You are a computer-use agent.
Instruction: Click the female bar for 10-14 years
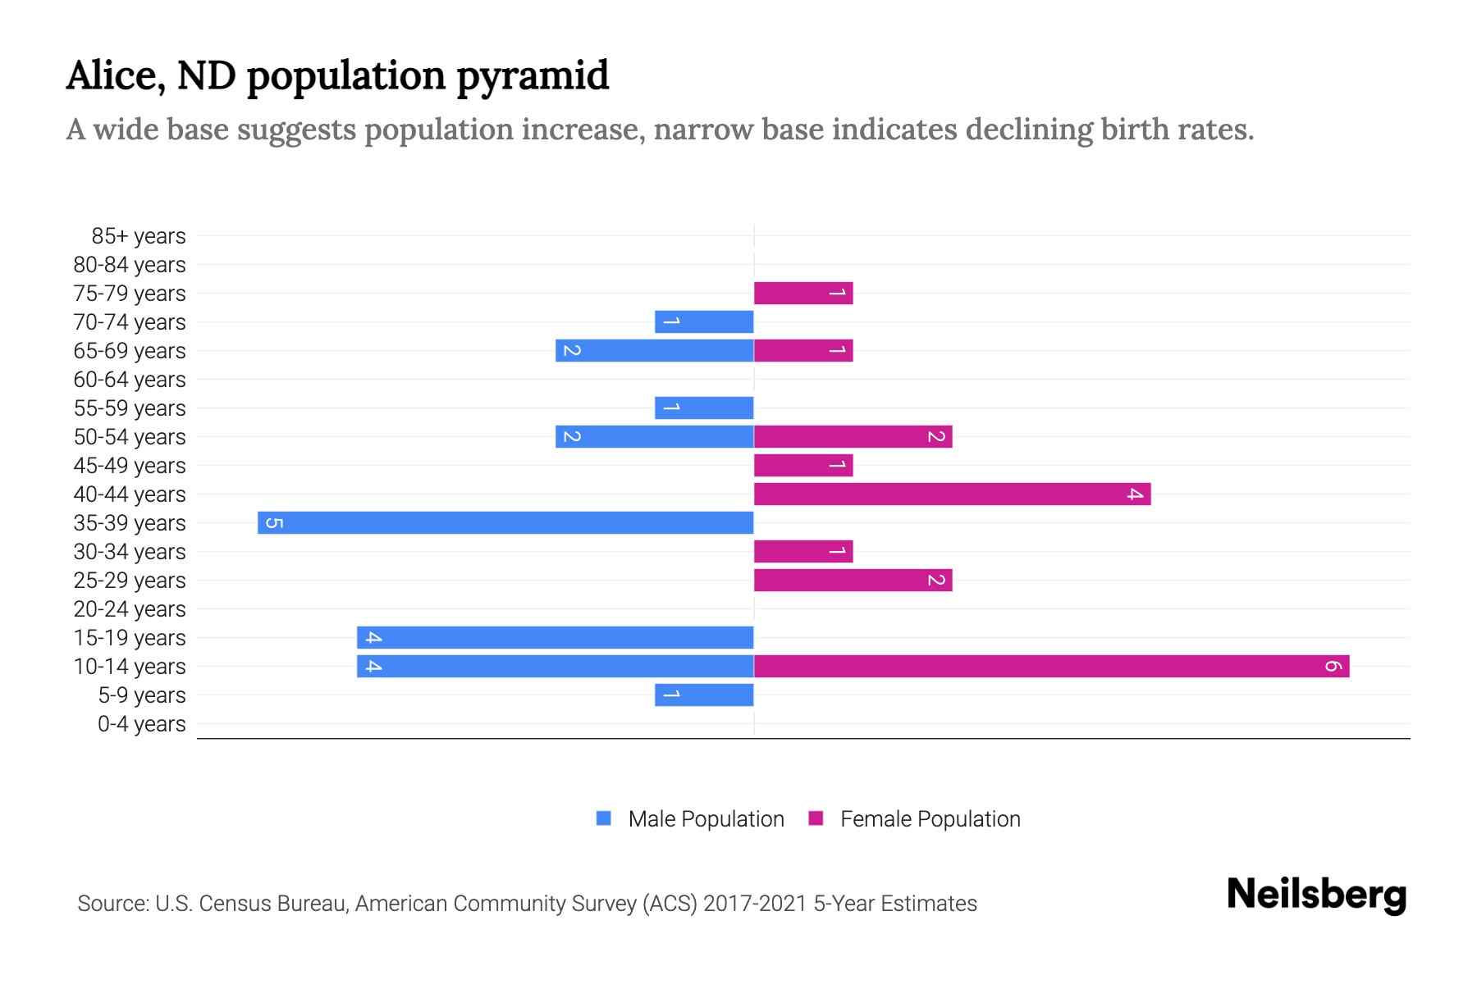pos(1051,666)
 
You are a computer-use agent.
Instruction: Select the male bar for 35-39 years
pos(505,522)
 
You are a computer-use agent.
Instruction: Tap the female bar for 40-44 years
pos(952,494)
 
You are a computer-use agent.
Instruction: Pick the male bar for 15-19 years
pos(555,637)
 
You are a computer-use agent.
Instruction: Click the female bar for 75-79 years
pos(803,293)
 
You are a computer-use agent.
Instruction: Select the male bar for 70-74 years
pos(704,321)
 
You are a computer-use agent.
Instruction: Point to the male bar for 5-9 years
pos(704,695)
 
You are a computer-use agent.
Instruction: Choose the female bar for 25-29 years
pos(853,580)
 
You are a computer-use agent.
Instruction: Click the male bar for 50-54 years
pos(654,436)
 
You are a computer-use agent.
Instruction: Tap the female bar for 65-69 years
pos(803,350)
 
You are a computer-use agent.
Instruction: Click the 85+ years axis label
pos(138,236)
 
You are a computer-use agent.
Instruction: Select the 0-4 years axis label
pos(141,724)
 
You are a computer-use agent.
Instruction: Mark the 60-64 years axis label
pos(130,380)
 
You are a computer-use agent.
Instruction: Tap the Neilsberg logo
pos(1316,894)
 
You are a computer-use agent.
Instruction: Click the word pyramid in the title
pos(532,76)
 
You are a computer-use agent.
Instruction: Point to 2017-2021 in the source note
pos(755,904)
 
